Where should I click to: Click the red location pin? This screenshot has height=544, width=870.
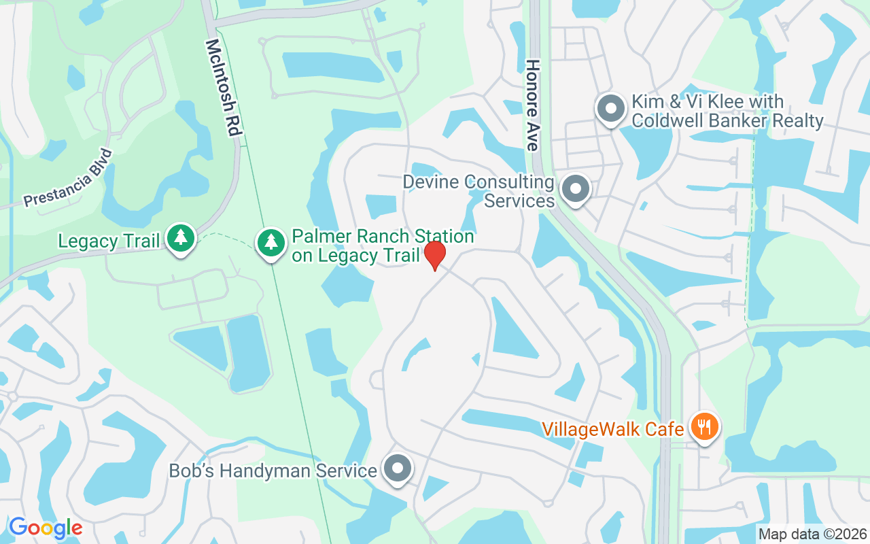click(x=435, y=254)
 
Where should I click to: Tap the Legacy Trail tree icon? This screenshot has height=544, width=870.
click(x=181, y=238)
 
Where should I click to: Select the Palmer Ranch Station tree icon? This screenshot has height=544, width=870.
click(x=271, y=241)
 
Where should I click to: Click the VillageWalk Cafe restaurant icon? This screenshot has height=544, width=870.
click(x=704, y=428)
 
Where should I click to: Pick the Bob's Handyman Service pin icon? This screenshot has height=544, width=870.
click(x=398, y=469)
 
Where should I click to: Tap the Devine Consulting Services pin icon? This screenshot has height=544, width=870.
click(x=576, y=188)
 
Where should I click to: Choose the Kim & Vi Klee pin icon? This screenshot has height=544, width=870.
click(x=610, y=108)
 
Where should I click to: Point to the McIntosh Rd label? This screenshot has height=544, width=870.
click(x=223, y=88)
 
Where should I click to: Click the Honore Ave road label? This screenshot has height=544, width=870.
click(x=532, y=105)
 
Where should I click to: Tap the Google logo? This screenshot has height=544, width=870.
click(x=46, y=528)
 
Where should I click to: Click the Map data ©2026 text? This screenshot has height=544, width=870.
click(x=813, y=534)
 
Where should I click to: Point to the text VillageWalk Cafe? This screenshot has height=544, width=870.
click(x=612, y=429)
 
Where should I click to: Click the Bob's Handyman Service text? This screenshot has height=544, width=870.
click(x=273, y=471)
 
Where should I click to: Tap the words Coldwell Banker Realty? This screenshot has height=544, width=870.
click(x=727, y=121)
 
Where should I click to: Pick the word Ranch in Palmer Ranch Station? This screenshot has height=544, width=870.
click(x=371, y=237)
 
